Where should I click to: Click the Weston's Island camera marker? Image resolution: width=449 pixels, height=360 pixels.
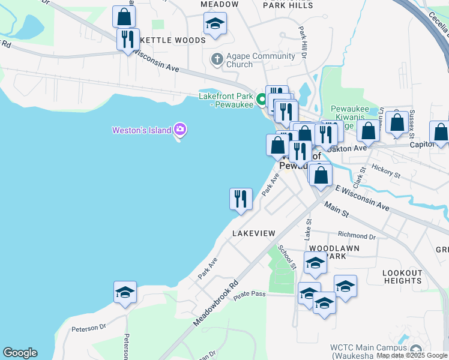(x=179, y=129)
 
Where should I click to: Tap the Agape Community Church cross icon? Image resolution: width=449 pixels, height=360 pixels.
(x=217, y=59)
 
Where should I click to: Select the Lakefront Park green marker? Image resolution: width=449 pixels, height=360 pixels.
(x=262, y=100)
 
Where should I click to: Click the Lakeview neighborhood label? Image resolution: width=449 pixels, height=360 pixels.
(x=253, y=233)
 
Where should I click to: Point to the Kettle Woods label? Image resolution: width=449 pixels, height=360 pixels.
(x=173, y=40)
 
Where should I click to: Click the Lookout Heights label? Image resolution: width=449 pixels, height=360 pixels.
(x=402, y=277)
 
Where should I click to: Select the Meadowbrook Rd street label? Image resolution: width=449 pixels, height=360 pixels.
(x=216, y=304)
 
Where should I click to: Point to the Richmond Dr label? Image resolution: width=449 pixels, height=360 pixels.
(x=357, y=236)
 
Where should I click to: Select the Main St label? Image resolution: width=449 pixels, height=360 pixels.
(x=336, y=209)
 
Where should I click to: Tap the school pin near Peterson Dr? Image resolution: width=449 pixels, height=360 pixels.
(x=125, y=292)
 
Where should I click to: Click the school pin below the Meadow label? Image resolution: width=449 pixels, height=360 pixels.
(x=214, y=24)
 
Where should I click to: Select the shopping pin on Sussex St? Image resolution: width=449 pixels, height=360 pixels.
(x=397, y=122)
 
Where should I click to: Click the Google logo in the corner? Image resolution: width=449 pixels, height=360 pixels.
(x=20, y=353)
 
